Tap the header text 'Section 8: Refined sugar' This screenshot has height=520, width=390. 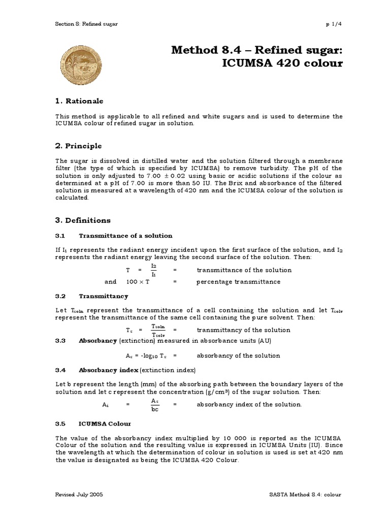tap(86, 24)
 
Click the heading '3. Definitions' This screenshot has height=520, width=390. tap(82, 220)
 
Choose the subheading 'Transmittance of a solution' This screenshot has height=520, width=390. tap(125, 236)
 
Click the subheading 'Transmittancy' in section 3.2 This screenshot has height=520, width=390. tap(103, 296)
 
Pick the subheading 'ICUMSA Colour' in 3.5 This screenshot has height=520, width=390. tap(105, 424)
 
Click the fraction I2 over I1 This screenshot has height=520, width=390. tap(154, 270)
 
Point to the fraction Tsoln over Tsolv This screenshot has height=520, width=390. tap(160, 330)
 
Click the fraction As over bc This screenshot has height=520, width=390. tap(155, 405)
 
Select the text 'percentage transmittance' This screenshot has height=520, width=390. tap(238, 282)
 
